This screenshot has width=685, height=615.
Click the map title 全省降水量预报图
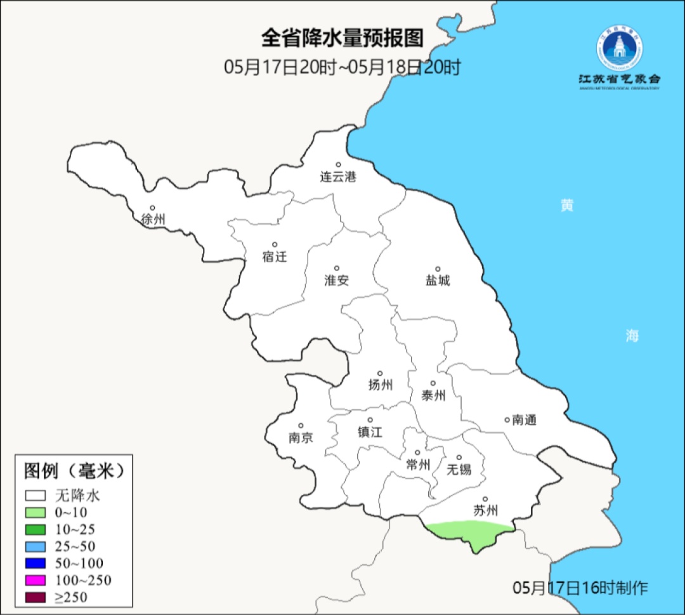point(342,38)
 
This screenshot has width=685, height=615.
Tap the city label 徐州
point(153,220)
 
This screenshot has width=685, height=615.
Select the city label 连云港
point(338,177)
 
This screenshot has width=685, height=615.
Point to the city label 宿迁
point(275,256)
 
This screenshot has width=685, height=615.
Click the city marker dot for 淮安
point(337,268)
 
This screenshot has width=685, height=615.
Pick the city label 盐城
point(437,281)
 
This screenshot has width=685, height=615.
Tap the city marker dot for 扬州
point(380,373)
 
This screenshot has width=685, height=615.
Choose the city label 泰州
point(433,395)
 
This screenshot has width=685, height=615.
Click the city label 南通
point(524,420)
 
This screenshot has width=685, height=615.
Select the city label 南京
point(301,438)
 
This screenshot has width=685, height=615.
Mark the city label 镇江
point(370,432)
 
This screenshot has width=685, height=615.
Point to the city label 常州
point(418,465)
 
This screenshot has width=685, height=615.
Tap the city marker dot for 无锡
point(459,458)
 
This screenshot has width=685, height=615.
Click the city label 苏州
point(485,510)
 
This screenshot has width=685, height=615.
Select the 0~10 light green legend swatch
point(36,512)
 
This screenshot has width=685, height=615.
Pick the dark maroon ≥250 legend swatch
point(36,597)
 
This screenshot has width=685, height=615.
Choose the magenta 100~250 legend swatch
point(36,579)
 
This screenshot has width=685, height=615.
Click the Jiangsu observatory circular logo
point(618,48)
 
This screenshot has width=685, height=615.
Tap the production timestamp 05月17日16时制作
point(580,587)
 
